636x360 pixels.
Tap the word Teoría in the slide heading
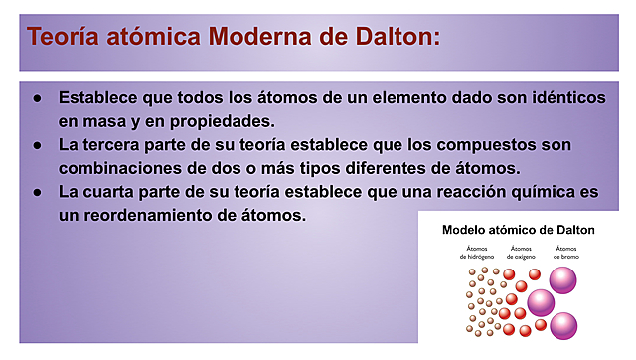coord(66,37)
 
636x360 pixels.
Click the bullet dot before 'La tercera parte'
coord(37,145)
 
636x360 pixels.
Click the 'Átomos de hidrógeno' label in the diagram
coord(478,252)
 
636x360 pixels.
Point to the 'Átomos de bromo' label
coord(566,252)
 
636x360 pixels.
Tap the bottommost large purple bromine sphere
coord(563,325)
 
